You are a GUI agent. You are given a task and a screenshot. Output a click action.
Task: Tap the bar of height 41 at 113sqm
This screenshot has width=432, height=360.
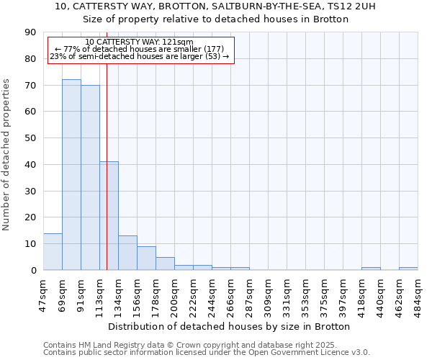[x=109, y=216]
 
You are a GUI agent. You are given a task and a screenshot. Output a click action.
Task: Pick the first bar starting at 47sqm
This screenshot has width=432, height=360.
[x=53, y=252]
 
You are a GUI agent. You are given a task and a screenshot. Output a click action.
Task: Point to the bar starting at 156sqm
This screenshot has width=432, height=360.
[x=146, y=258]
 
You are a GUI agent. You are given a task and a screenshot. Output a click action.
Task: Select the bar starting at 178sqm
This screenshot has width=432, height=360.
[x=165, y=264]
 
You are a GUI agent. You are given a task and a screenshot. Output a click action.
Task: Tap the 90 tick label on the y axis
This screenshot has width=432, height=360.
[x=30, y=32]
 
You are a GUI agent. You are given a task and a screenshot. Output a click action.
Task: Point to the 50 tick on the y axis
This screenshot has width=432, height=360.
[x=30, y=138]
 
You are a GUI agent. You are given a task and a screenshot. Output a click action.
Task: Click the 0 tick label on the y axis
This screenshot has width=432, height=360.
[x=33, y=271]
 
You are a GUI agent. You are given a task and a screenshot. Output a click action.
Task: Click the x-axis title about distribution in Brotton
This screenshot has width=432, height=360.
[x=233, y=326]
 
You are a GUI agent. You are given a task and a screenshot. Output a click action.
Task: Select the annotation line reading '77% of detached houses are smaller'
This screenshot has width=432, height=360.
[x=140, y=49]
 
